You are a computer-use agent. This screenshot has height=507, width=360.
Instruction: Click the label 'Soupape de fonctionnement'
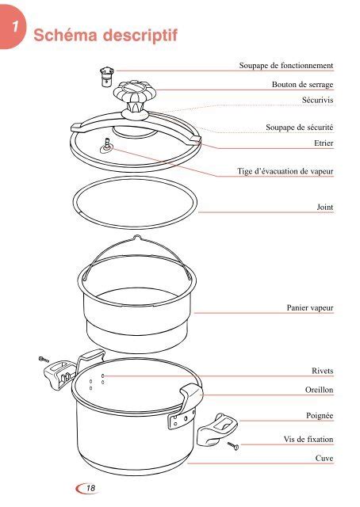(286, 65)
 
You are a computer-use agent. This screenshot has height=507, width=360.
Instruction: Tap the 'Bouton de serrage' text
(302, 85)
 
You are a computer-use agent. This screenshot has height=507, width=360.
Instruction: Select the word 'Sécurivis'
(318, 100)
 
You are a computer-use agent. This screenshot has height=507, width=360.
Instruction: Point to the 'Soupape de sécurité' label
(300, 128)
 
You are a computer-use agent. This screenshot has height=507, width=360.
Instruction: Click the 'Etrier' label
(324, 143)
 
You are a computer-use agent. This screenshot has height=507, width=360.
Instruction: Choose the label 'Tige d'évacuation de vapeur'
(285, 171)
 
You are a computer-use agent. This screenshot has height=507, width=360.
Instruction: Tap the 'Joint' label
(324, 207)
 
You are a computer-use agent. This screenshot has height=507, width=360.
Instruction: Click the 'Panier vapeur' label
(310, 308)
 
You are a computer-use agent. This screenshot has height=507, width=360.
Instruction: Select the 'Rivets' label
(323, 371)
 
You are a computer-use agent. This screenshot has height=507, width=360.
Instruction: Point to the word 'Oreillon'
(320, 390)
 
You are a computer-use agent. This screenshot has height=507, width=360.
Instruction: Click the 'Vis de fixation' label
(308, 440)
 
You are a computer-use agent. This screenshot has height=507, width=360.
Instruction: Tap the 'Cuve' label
(324, 458)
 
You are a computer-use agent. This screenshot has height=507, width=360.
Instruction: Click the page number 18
(90, 488)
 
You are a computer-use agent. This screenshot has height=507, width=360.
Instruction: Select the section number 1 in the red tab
(15, 26)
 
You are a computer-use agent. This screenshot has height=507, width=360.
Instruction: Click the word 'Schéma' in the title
(65, 35)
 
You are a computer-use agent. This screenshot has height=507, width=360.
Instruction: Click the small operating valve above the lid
(107, 77)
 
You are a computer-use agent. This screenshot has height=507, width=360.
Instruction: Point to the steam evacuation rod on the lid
(107, 145)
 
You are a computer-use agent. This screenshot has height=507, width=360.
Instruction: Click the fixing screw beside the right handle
(233, 446)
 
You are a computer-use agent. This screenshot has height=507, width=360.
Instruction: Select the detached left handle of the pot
(60, 375)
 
